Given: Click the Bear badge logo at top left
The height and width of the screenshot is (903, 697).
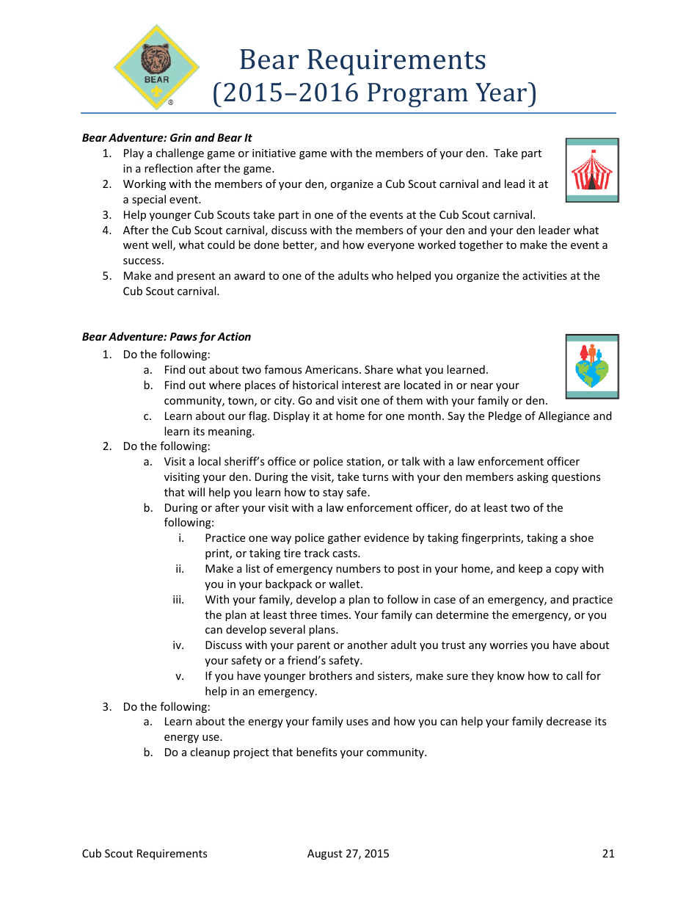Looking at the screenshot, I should coord(156,68).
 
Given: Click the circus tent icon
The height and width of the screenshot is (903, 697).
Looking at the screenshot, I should coord(591,170).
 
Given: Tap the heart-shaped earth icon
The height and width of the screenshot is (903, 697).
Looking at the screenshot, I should coord(591,366).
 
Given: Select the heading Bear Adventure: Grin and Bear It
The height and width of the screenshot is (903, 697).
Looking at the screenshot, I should coord(167,138).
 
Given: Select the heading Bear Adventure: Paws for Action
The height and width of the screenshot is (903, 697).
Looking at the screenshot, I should coord(167,337).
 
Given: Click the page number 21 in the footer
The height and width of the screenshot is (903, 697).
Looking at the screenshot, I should coord(608,853).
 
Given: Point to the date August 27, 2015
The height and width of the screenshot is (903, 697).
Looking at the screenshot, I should coord(348,853).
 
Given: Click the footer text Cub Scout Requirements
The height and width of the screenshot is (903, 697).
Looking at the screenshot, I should coord(145,853).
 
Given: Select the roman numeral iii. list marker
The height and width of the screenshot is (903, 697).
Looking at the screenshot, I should coord(178,600).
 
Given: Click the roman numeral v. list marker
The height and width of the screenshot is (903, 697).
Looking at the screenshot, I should coord(180,676).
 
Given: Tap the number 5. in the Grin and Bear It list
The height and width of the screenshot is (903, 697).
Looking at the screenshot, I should coord(107,276).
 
